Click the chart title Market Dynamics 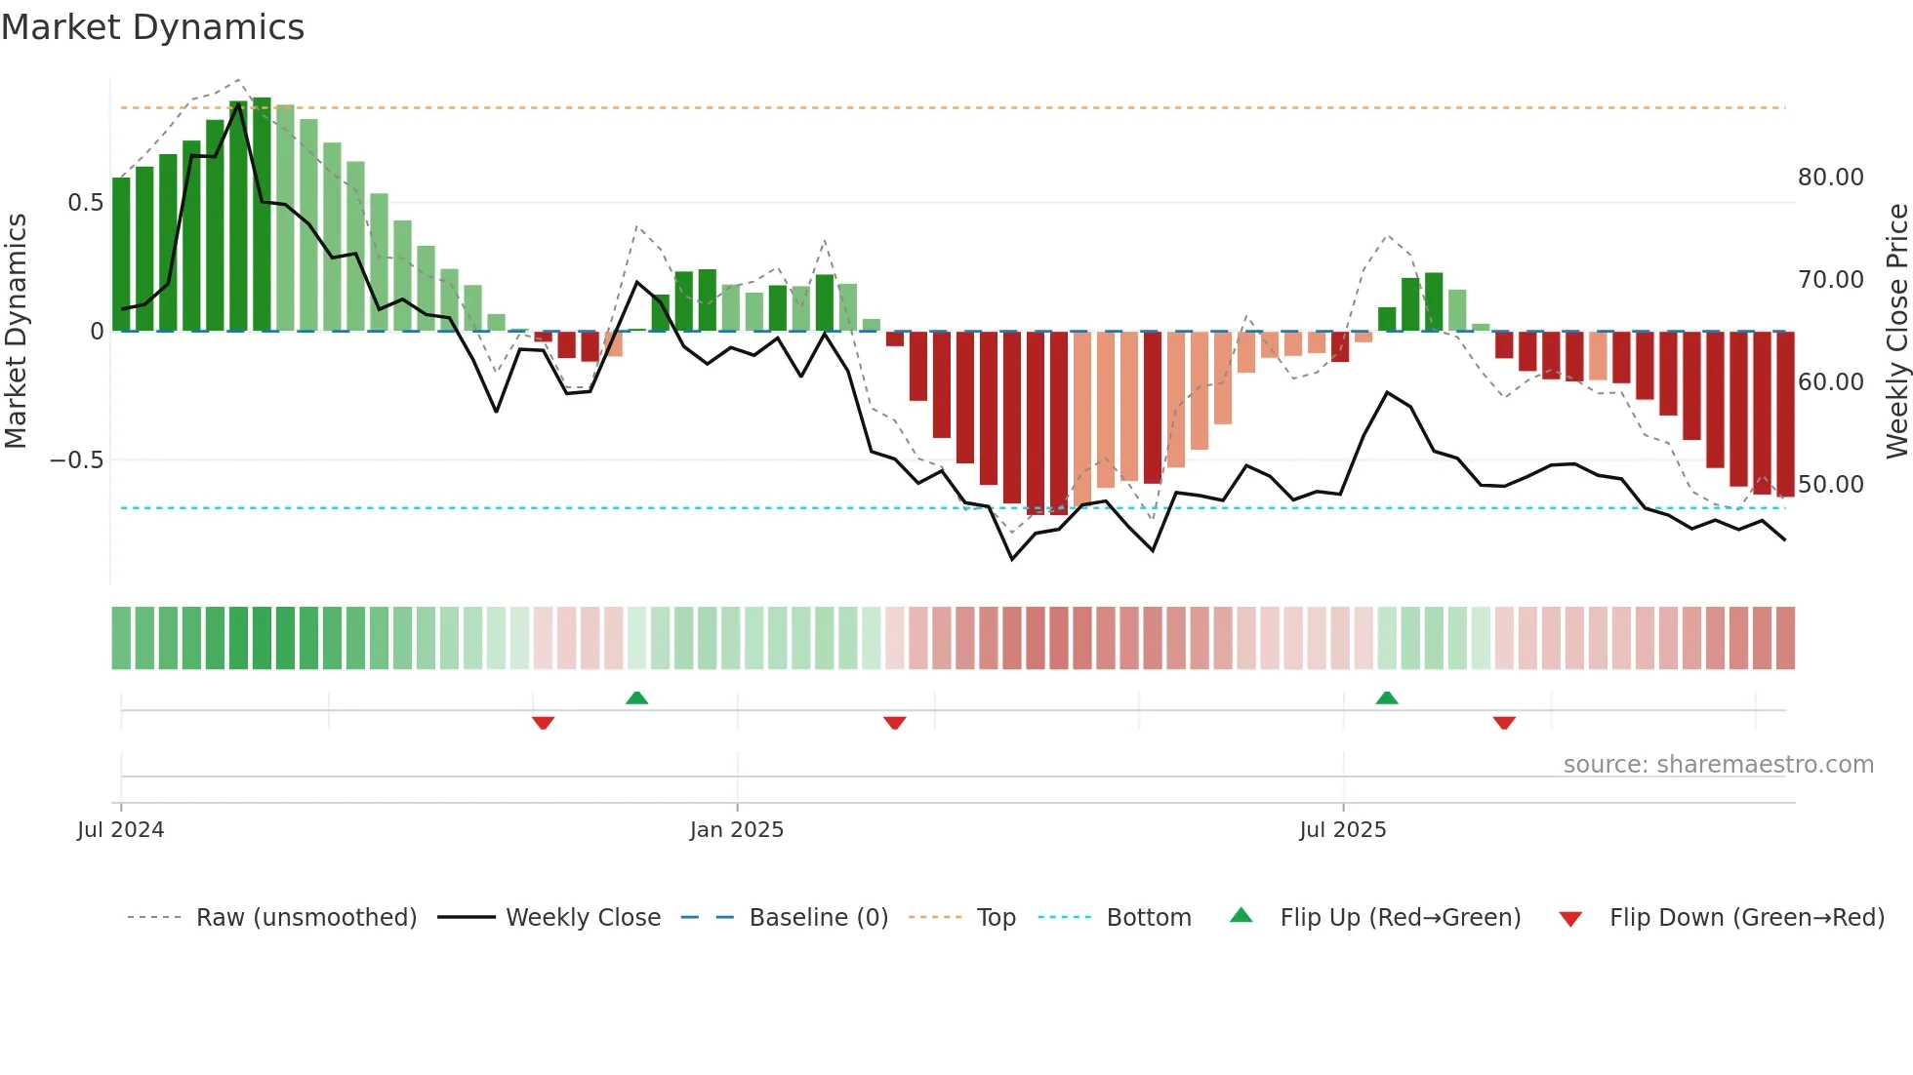coord(152,27)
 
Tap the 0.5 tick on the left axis coord(85,203)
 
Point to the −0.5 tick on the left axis coord(77,459)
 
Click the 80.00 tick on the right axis coord(1830,178)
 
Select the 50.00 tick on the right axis coord(1830,485)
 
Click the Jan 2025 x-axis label coord(736,830)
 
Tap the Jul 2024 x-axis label coord(120,830)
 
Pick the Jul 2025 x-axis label coord(1342,830)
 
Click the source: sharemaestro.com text coord(1718,765)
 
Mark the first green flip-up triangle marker coord(636,697)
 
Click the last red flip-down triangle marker coord(1504,723)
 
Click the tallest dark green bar coord(262,215)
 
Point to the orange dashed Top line coord(976,108)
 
